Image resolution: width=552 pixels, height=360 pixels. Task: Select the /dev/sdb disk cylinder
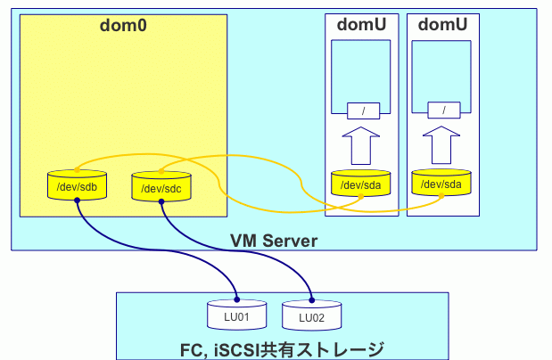tap(78, 186)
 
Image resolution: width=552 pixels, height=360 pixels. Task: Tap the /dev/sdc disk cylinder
tap(161, 188)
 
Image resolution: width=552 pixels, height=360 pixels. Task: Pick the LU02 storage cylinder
tap(311, 316)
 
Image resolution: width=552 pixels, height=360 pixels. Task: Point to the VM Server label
tap(274, 241)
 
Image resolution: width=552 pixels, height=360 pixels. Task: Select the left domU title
tap(361, 25)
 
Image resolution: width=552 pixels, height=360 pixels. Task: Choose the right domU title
tap(442, 25)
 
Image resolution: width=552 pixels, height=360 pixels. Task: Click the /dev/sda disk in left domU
tap(361, 184)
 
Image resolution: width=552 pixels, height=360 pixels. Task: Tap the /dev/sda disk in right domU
tap(442, 183)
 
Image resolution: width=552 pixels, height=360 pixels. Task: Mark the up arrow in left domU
tap(361, 144)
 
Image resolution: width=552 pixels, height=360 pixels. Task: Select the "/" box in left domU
tap(361, 111)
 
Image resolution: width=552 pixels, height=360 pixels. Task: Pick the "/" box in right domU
tap(443, 110)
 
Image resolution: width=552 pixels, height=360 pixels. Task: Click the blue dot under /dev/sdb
tap(78, 200)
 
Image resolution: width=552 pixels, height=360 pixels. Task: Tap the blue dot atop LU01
tap(236, 299)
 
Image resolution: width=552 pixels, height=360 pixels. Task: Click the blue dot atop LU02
tap(312, 299)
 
